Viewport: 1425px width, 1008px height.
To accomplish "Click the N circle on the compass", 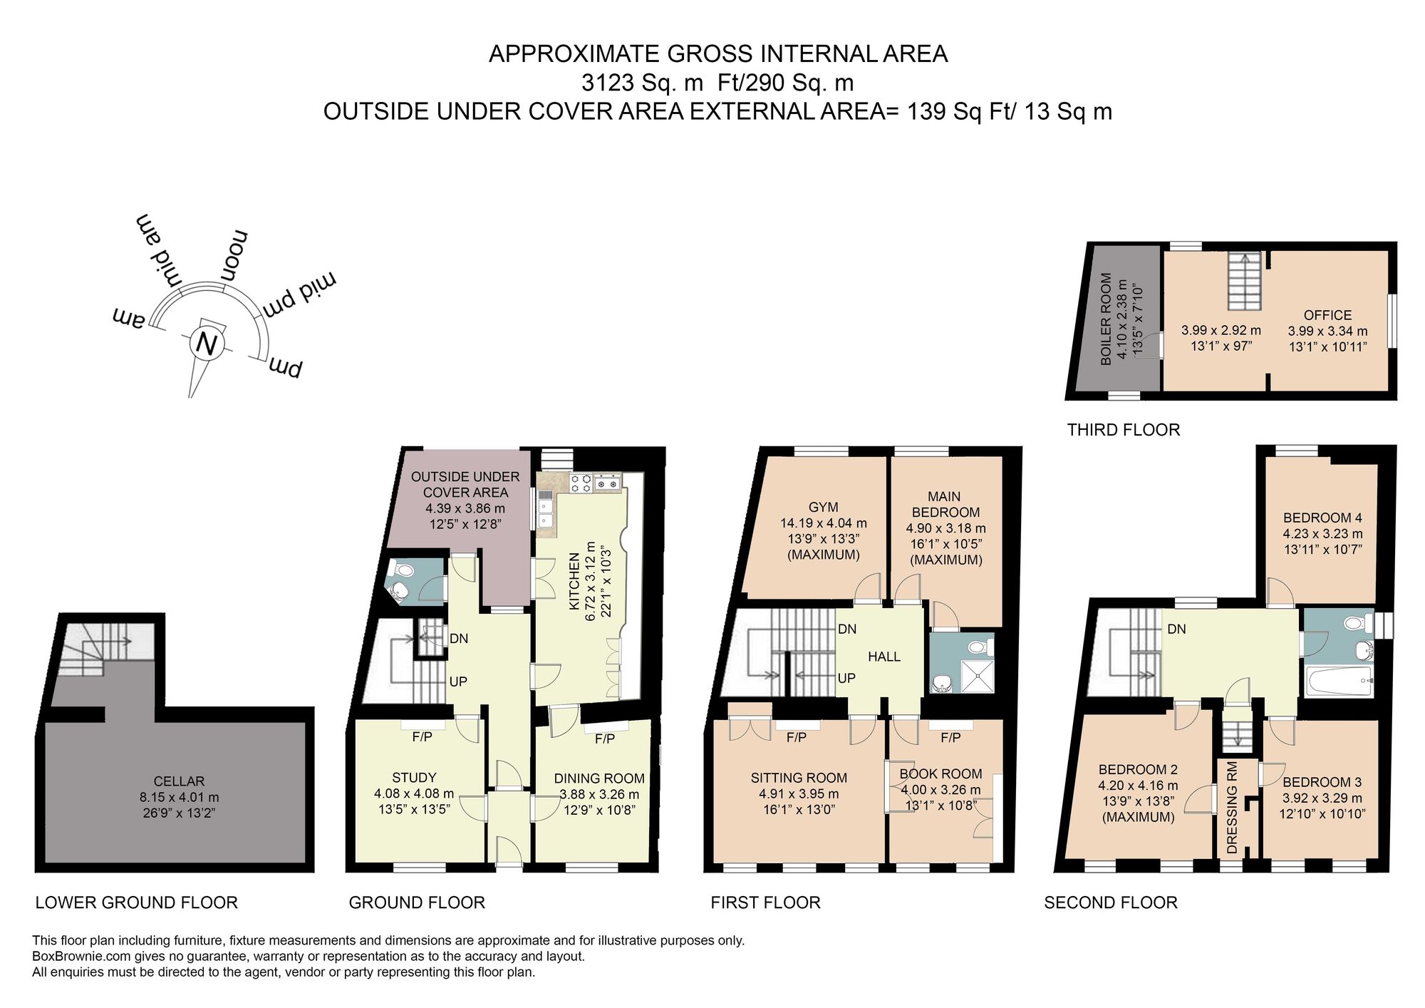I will (207, 344).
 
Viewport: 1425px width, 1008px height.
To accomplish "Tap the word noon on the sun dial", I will (234, 256).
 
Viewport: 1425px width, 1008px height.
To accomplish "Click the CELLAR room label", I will (179, 781).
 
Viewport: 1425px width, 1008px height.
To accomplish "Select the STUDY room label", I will (413, 778).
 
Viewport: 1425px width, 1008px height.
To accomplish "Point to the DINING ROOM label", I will (598, 778).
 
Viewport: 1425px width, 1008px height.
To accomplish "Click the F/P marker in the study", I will (422, 736).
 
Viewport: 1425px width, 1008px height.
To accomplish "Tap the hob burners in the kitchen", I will (581, 483).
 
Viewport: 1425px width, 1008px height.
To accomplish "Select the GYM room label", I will (823, 507).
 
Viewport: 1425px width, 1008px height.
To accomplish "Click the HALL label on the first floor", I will (883, 657).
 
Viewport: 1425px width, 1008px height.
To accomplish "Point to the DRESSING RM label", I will (1232, 808).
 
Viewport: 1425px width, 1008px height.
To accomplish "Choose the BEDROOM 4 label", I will (1322, 518).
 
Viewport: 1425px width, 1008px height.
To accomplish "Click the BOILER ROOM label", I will (1106, 319).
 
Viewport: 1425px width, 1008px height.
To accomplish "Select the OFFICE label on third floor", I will (1327, 315).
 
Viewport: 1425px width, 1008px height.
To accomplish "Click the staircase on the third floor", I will (1244, 282).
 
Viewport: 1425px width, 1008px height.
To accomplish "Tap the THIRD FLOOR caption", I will (1123, 430).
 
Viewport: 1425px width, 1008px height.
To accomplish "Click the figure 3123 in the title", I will (607, 83).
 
